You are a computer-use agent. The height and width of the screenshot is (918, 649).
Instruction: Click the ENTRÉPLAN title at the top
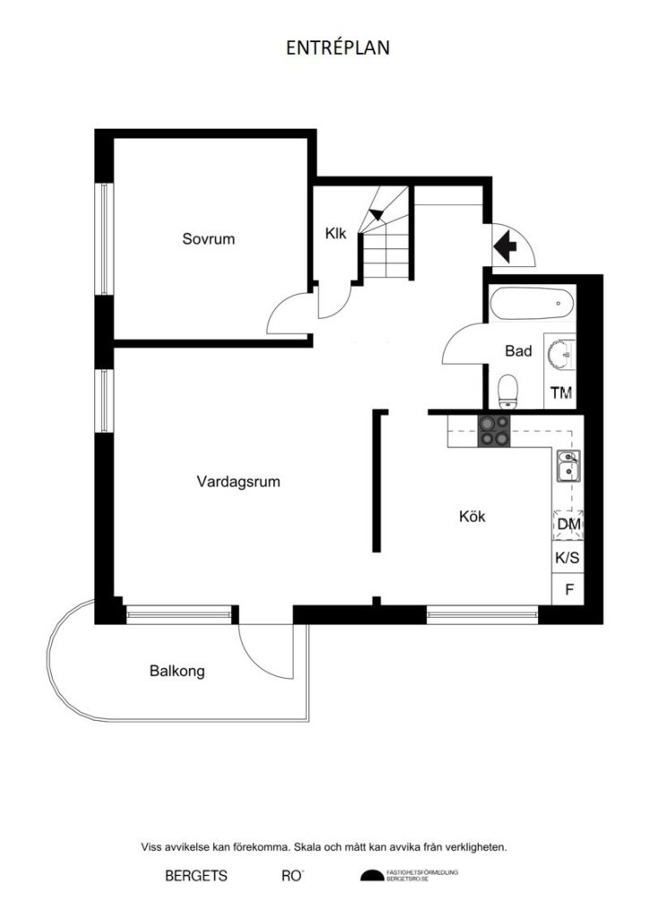click(x=338, y=48)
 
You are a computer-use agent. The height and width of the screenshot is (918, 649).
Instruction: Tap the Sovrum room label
click(x=208, y=238)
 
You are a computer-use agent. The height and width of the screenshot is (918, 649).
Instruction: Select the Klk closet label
click(x=336, y=233)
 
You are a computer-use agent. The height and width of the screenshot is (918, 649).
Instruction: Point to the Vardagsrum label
click(x=238, y=481)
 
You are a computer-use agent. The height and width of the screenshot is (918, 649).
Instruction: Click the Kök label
click(x=472, y=516)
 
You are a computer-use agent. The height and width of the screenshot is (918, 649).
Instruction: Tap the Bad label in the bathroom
click(x=518, y=351)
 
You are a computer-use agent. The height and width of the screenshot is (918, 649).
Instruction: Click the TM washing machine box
click(x=561, y=393)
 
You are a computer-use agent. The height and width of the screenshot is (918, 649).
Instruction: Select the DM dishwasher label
click(x=567, y=524)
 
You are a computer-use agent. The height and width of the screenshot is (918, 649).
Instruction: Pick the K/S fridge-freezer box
click(x=567, y=558)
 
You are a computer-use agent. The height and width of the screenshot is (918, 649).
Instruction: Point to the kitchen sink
click(x=567, y=467)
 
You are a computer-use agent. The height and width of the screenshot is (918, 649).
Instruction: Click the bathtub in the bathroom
click(x=532, y=303)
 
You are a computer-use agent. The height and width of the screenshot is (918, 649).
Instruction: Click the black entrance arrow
click(x=506, y=243)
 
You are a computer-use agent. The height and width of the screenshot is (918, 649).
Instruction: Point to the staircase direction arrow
click(x=378, y=213)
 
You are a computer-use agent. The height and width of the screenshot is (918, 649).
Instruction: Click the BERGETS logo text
click(x=196, y=876)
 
